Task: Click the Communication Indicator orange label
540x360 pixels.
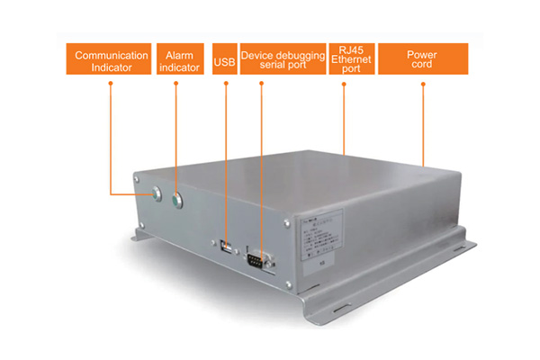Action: (111, 60)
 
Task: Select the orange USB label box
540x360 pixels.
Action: (225, 61)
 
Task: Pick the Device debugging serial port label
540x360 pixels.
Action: (283, 60)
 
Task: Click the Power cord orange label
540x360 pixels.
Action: (421, 60)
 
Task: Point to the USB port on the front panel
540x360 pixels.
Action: (225, 245)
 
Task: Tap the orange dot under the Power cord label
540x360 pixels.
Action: (422, 85)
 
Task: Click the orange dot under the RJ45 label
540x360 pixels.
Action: (345, 85)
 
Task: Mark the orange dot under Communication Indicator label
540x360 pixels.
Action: (111, 85)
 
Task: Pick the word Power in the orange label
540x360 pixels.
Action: (421, 53)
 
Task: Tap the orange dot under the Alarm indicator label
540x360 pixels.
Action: (176, 85)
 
